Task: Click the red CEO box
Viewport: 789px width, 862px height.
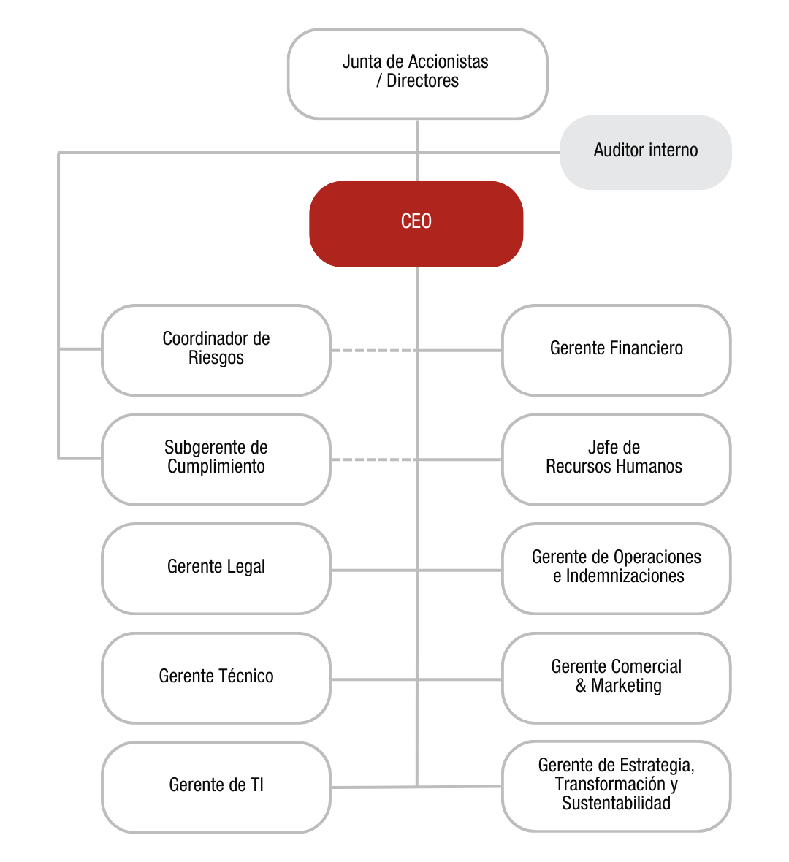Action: (x=416, y=224)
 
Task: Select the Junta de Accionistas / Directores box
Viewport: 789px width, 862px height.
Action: (x=417, y=73)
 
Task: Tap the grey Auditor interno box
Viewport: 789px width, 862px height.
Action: (x=646, y=152)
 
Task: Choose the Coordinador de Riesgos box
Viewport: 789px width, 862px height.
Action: (x=216, y=350)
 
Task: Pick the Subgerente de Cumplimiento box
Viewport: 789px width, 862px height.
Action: (x=216, y=459)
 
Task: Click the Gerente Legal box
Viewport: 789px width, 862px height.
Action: (x=216, y=568)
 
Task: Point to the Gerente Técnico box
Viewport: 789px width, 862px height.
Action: (x=216, y=678)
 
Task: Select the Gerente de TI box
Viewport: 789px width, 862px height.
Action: (x=216, y=787)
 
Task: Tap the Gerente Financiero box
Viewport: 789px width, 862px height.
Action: (x=617, y=350)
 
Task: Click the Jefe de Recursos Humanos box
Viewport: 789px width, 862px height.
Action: (x=617, y=459)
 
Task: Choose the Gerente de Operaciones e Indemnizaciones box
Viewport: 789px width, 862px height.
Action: (x=617, y=568)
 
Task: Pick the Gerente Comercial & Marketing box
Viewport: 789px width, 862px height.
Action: (x=617, y=678)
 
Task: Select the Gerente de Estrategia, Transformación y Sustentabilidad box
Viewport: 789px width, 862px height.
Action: (x=617, y=786)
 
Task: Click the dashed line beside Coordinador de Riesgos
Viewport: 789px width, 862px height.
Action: (x=373, y=351)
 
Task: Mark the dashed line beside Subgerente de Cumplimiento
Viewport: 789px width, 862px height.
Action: (x=373, y=459)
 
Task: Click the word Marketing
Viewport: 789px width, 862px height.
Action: (x=626, y=686)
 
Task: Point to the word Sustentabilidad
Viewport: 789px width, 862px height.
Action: (x=616, y=804)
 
